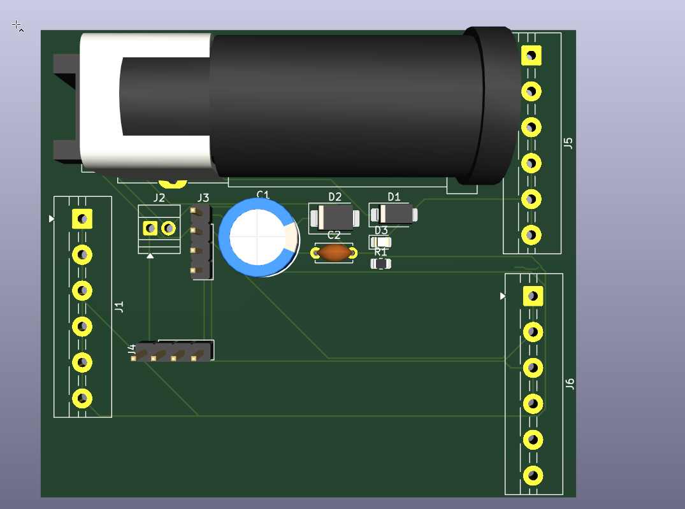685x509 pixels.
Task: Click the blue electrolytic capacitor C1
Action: pos(259,237)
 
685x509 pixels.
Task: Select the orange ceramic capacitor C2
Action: pos(334,253)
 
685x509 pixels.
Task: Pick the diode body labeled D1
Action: pos(394,214)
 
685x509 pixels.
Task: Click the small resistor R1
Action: pos(380,264)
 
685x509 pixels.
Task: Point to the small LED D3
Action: pos(380,241)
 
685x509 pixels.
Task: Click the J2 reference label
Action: pos(159,198)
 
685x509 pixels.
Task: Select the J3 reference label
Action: pos(203,198)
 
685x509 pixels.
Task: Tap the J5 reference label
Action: pos(568,143)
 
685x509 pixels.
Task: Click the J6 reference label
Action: pos(570,384)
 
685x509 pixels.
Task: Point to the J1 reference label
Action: pos(119,306)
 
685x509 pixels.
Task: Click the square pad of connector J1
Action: pos(82,219)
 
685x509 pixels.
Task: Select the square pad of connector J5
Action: pos(531,55)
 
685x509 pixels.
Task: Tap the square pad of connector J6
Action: pos(533,296)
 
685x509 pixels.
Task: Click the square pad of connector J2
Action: pos(150,228)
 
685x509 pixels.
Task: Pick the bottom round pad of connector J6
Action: pos(533,476)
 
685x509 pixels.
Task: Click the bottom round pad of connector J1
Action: pos(82,398)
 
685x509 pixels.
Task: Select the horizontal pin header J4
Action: pos(173,352)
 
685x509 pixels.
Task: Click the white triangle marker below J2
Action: pos(150,255)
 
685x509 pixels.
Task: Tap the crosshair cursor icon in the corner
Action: pos(17,25)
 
